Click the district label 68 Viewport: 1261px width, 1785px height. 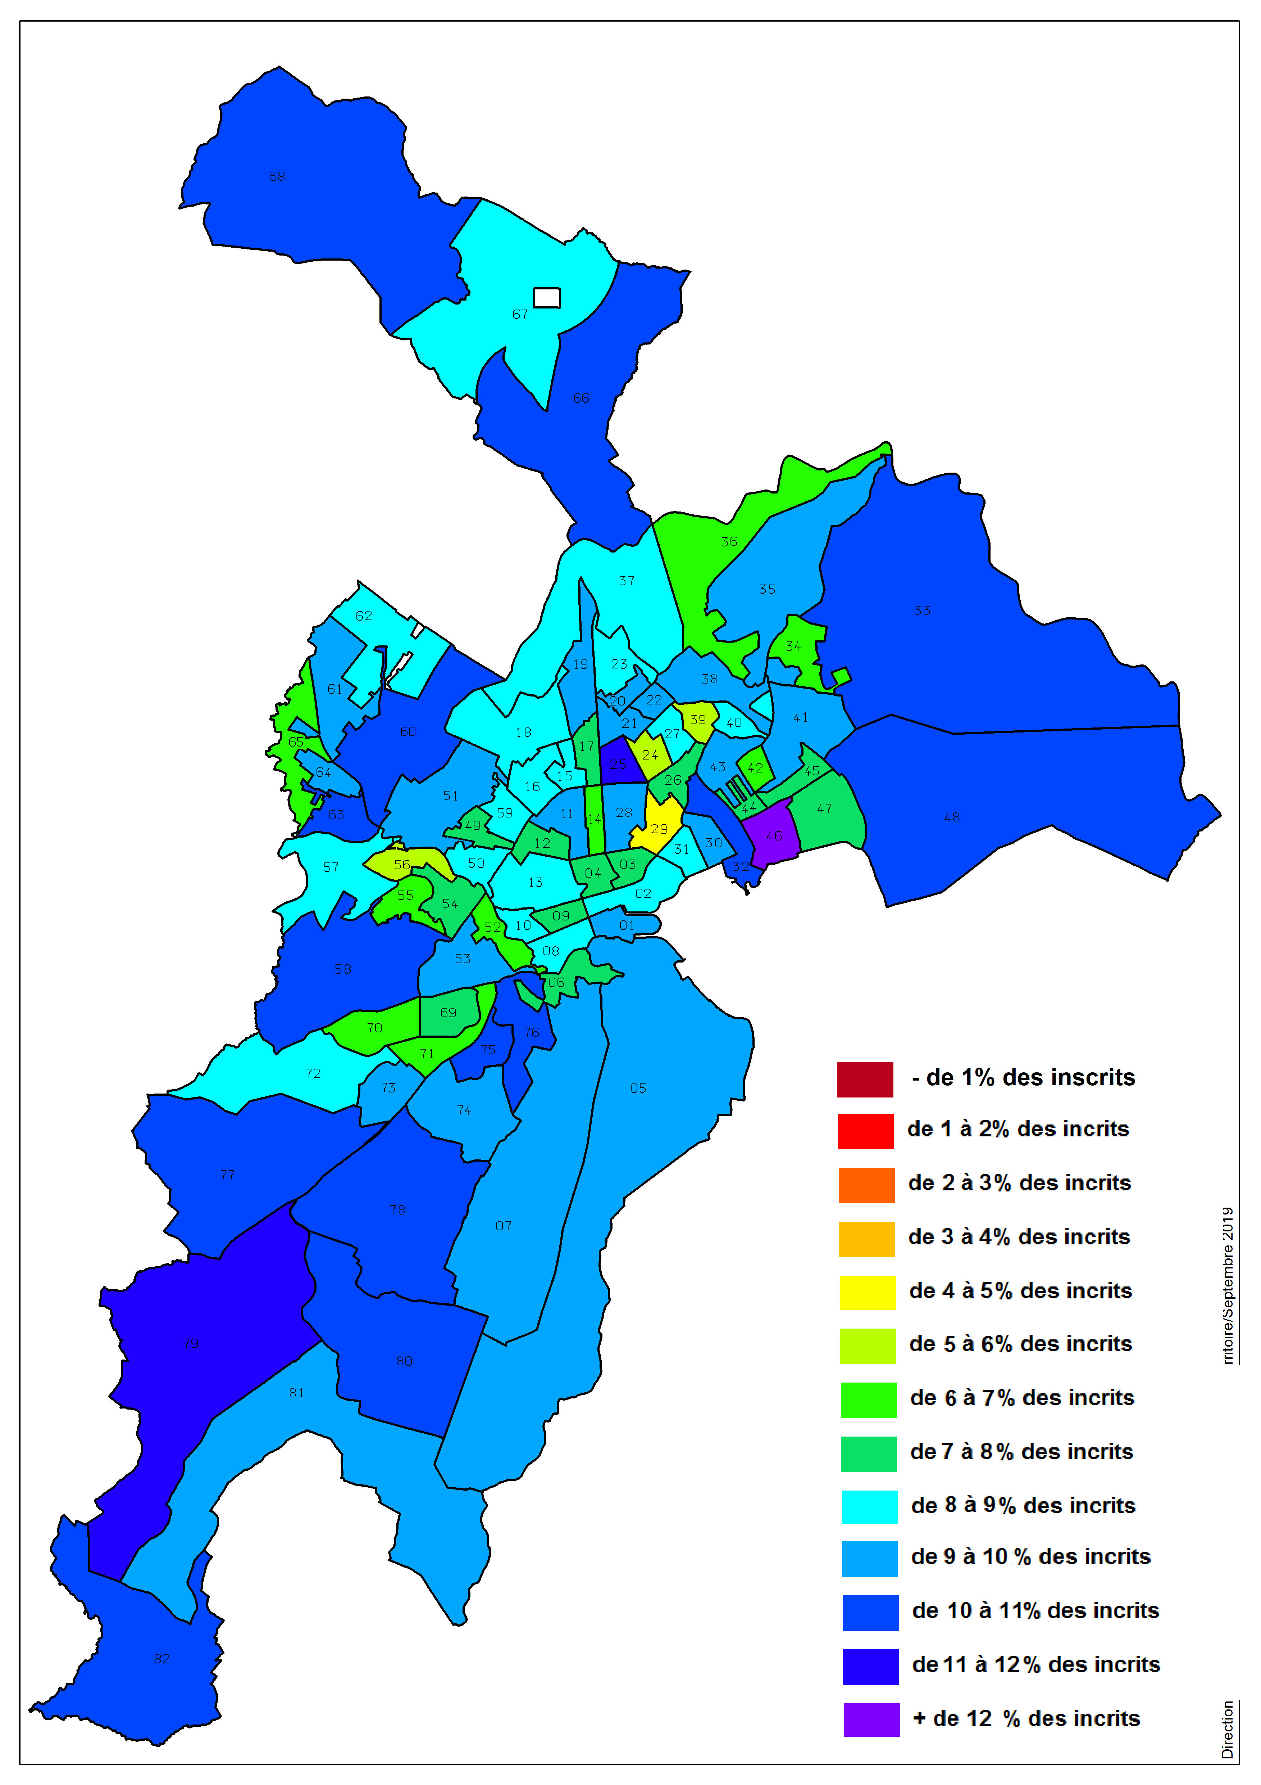(277, 176)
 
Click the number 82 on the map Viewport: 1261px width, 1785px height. (161, 1658)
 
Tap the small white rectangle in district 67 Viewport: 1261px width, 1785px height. (546, 298)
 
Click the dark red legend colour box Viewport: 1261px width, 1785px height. (865, 1079)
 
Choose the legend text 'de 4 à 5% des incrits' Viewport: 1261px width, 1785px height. (1020, 1291)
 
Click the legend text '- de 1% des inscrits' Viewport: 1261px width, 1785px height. (1023, 1078)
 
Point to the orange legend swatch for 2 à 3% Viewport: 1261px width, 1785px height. (866, 1185)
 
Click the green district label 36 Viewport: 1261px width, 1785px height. (729, 541)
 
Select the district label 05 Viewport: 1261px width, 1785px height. (638, 1088)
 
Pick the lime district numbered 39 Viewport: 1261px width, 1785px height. (698, 720)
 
